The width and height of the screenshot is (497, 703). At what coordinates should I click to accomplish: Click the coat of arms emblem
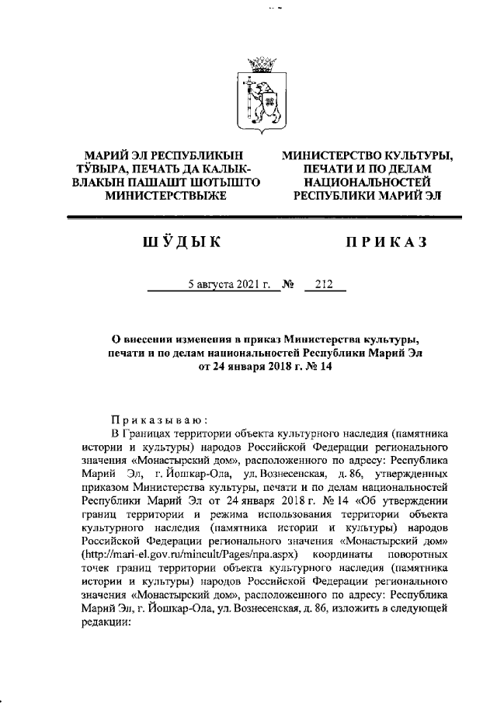263,97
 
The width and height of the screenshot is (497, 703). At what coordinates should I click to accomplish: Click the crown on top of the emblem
263,62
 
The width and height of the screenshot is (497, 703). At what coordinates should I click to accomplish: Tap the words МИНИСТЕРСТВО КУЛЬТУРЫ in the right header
367,155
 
